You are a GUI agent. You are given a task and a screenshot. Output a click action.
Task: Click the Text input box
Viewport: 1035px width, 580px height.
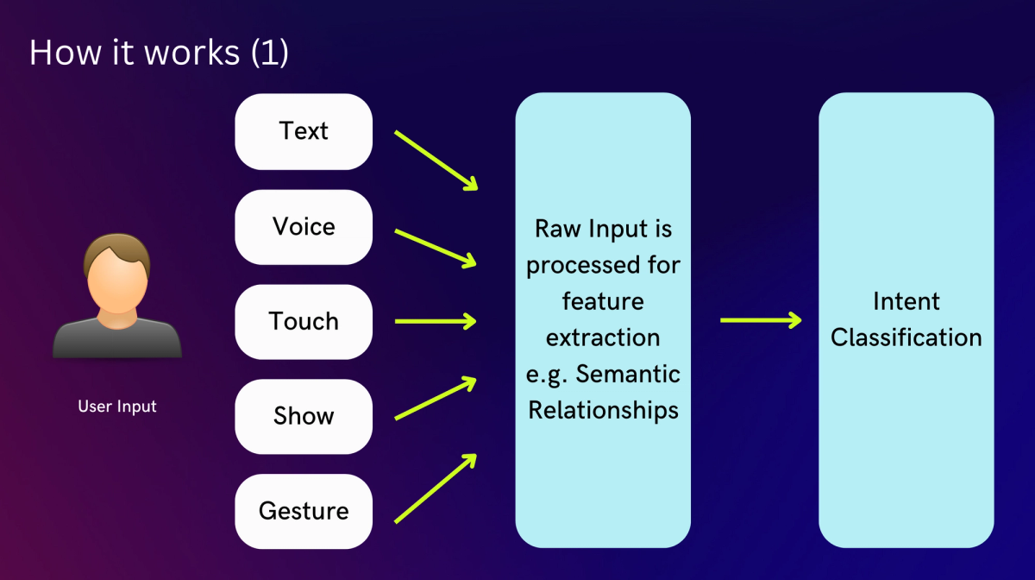pyautogui.click(x=304, y=131)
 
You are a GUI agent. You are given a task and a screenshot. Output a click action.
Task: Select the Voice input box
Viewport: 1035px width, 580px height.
pyautogui.click(x=304, y=226)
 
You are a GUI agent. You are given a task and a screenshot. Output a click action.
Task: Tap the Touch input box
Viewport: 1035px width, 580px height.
pyautogui.click(x=304, y=321)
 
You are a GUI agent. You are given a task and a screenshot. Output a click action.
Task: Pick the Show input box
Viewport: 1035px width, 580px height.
pyautogui.click(x=304, y=416)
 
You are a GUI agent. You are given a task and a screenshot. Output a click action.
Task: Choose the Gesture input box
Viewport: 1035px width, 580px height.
pyautogui.click(x=304, y=511)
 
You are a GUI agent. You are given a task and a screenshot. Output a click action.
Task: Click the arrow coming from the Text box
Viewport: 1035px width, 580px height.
pyautogui.click(x=436, y=161)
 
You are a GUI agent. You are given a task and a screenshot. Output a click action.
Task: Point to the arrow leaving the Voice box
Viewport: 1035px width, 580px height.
pyautogui.click(x=436, y=247)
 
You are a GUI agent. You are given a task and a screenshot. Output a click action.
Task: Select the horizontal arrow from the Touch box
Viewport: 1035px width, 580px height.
pyautogui.click(x=436, y=321)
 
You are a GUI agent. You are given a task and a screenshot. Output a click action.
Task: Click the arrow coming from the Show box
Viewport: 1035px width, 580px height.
pyautogui.click(x=436, y=398)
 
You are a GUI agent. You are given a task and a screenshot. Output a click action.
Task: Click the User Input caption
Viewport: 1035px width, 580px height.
pyautogui.click(x=117, y=406)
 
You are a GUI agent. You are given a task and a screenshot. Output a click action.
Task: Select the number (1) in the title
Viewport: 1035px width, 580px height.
pyautogui.click(x=269, y=53)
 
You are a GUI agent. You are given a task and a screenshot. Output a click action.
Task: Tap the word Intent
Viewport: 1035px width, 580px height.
pyautogui.click(x=906, y=301)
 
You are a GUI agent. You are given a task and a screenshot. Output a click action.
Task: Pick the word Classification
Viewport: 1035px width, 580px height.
pyautogui.click(x=906, y=337)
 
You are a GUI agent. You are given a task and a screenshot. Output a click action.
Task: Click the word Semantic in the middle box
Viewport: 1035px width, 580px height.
pyautogui.click(x=628, y=375)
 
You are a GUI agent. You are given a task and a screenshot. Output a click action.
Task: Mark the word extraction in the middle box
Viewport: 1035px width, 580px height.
pyautogui.click(x=603, y=337)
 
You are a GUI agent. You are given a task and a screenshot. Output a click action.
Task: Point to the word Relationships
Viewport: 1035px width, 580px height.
pyautogui.click(x=603, y=410)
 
